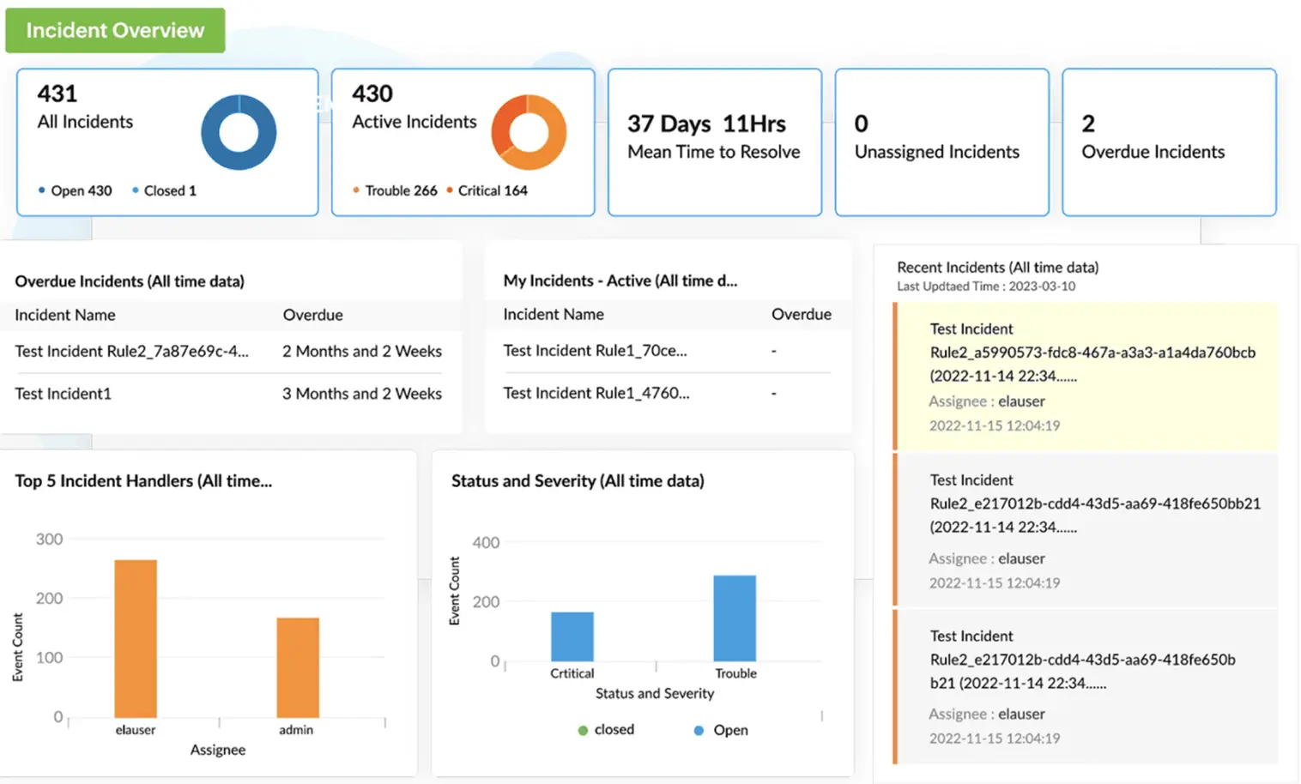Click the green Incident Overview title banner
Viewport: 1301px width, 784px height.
click(115, 31)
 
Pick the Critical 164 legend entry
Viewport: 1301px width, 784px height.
click(492, 190)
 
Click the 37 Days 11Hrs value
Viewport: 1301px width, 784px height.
click(706, 124)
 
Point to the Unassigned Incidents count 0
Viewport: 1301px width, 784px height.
click(862, 124)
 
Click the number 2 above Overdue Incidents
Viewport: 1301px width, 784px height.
click(1088, 124)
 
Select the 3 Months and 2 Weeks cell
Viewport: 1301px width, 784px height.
click(361, 394)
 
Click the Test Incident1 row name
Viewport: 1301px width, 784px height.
click(64, 394)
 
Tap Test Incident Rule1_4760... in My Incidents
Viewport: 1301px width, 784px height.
click(596, 393)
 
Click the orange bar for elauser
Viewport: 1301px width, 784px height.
click(136, 638)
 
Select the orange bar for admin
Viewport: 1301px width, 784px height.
click(298, 667)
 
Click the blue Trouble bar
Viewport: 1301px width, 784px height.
click(735, 618)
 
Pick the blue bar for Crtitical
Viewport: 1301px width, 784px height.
click(572, 636)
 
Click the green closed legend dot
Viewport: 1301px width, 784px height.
click(583, 730)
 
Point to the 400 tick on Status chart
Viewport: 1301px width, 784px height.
click(486, 543)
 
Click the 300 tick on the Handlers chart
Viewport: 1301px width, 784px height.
click(49, 540)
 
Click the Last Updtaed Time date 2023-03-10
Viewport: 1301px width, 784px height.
click(1042, 286)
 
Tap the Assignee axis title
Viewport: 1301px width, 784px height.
click(218, 750)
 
